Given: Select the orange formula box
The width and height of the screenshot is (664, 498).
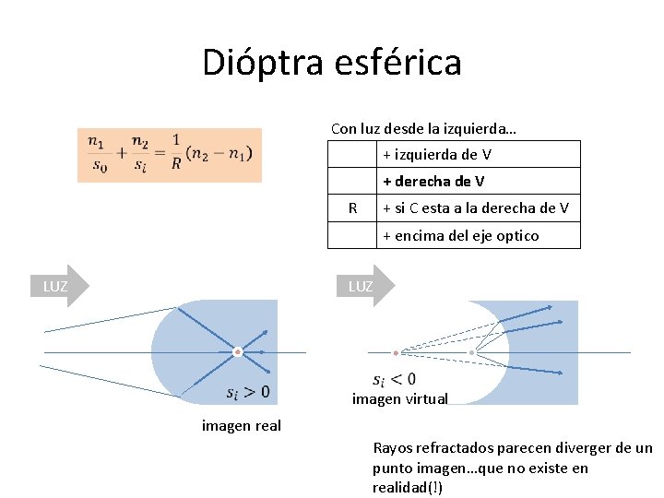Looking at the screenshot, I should point(171,153).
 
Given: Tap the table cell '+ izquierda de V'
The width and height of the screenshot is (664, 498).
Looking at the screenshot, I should point(436,154).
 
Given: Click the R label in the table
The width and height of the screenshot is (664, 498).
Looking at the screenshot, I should point(352,208).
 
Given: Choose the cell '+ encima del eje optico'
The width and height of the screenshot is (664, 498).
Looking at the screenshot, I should point(461,235).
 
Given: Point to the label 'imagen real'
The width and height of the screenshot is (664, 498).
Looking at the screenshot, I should point(242,425).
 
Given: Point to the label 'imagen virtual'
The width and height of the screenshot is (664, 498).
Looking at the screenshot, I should point(400,399).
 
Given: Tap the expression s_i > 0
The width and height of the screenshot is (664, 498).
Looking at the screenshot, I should point(248,392).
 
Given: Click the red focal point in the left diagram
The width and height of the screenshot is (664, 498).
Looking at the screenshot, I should point(237,351).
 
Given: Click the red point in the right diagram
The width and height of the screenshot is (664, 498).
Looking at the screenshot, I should point(396,352).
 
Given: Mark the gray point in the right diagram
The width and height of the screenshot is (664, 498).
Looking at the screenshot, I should point(471,352).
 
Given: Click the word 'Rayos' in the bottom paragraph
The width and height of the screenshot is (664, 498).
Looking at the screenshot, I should point(393,449).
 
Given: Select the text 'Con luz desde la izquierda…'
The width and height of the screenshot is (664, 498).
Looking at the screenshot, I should point(423,128).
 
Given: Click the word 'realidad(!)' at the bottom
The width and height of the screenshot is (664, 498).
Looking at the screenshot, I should point(408,487).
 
